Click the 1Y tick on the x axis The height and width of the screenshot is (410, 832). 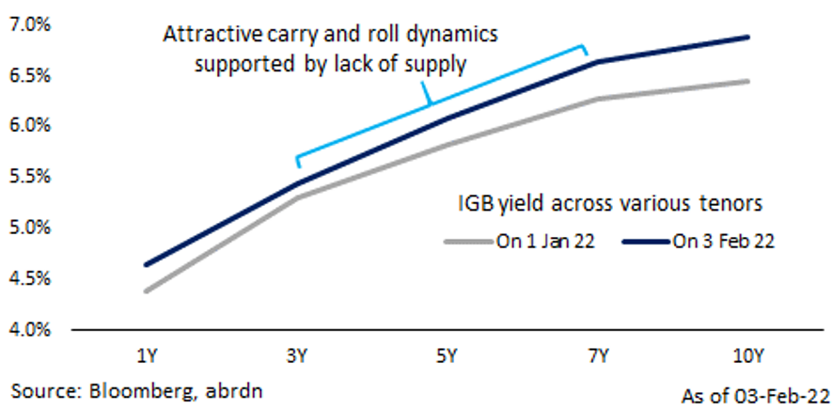147,356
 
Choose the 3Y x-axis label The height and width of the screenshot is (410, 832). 296,356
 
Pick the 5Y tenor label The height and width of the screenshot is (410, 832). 446,356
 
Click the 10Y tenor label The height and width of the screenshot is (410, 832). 748,356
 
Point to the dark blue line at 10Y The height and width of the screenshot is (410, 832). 748,38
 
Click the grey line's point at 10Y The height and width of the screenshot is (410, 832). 748,81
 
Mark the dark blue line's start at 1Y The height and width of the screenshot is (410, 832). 147,265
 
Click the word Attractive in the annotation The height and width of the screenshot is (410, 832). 202,36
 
